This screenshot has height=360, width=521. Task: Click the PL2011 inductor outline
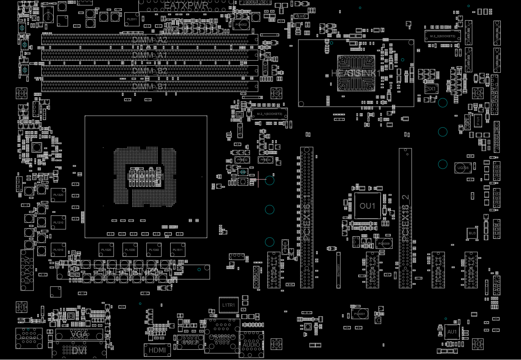click(132, 19)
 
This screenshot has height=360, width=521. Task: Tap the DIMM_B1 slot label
click(150, 87)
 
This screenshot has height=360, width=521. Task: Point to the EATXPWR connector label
click(186, 5)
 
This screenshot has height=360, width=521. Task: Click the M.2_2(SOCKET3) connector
click(442, 36)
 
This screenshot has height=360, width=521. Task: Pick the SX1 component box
click(431, 89)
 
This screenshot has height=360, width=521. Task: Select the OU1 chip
click(367, 206)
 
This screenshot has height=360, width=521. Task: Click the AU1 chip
click(452, 331)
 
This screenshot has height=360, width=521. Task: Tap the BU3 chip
click(472, 234)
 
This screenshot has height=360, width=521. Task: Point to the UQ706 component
click(463, 168)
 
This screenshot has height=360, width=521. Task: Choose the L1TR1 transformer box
click(228, 305)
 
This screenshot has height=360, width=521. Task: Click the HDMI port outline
click(157, 350)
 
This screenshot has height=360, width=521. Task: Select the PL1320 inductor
click(58, 195)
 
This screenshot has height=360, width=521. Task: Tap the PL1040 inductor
click(154, 250)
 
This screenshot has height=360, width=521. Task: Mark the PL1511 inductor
click(178, 250)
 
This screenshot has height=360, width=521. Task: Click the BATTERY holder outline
click(338, 270)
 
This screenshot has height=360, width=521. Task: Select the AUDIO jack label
click(251, 345)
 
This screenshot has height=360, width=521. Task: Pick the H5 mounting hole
click(276, 94)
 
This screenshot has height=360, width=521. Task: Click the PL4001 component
click(359, 314)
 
